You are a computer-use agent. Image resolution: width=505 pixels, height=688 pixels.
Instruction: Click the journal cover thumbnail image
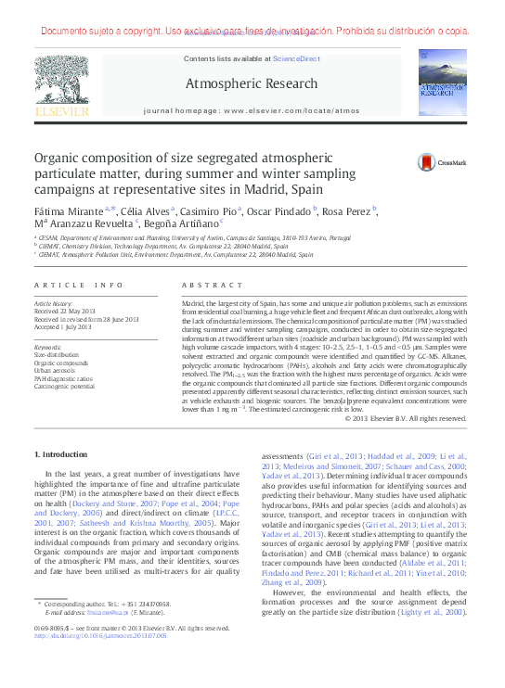pyautogui.click(x=442, y=84)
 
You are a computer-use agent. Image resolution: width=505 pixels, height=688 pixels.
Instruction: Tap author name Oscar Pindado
pyautogui.click(x=278, y=211)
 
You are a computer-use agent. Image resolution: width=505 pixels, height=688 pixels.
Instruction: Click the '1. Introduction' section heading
pyautogui.click(x=64, y=454)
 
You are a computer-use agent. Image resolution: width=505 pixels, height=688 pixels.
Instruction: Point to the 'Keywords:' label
pyautogui.click(x=47, y=347)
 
